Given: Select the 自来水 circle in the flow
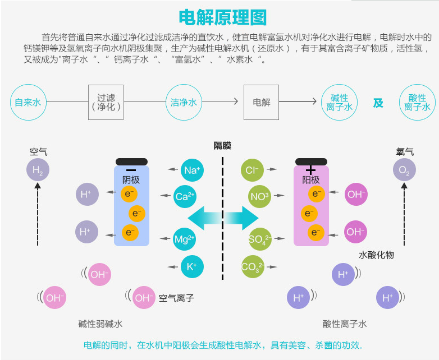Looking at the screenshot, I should tap(28, 103).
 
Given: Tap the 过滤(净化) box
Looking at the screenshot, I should tap(106, 102).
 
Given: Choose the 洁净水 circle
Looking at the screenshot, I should tap(184, 103).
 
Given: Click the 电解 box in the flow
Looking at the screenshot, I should tap(261, 102).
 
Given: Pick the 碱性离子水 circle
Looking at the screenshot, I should tap(339, 103).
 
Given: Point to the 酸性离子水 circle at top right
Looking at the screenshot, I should tap(417, 103).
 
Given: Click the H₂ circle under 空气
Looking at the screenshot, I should tap(38, 170).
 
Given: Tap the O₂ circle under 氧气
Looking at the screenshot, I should tap(404, 170).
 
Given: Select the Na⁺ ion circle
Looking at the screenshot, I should tap(193, 169).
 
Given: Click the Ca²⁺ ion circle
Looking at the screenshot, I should tap(185, 196).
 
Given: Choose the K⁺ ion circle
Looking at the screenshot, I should tap(191, 266).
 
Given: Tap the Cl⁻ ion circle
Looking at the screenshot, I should tap(251, 169).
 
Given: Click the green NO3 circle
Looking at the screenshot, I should tap(259, 196).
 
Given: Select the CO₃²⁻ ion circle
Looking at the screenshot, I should tap(251, 266).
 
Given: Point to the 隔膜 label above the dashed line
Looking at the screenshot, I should tap(222, 146).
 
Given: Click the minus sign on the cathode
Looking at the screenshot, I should tap(131, 169).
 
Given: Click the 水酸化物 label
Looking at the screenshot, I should tap(376, 255).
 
